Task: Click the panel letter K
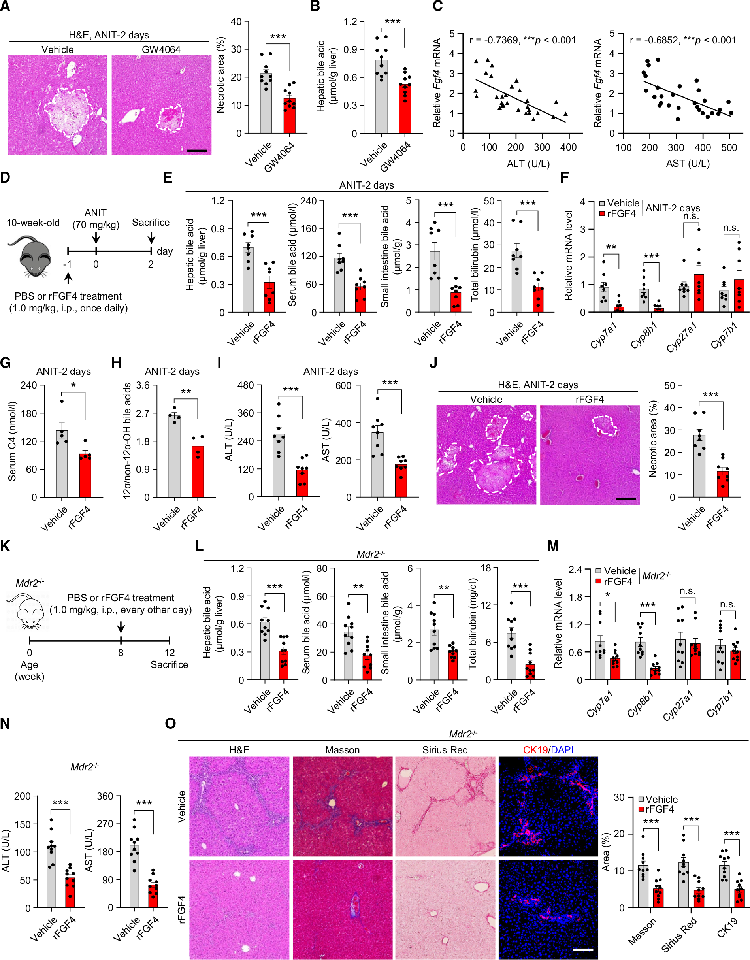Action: (x=5, y=546)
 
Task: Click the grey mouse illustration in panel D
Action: (x=35, y=257)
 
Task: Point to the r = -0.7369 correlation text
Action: (x=494, y=40)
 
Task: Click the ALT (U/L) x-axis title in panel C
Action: (x=528, y=164)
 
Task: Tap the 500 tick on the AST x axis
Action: (x=729, y=148)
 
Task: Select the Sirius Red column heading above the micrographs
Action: (x=445, y=750)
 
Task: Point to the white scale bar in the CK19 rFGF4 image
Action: (x=582, y=949)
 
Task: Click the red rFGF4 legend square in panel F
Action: (x=602, y=214)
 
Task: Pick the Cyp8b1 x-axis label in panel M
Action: (x=640, y=703)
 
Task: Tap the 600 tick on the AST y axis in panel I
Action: (x=343, y=385)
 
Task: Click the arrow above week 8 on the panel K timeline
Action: (x=121, y=627)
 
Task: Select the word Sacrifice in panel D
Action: (x=151, y=223)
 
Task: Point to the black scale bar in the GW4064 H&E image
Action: (x=197, y=151)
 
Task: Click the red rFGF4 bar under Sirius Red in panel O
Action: (x=699, y=898)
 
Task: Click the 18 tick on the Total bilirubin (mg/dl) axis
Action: (x=486, y=568)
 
